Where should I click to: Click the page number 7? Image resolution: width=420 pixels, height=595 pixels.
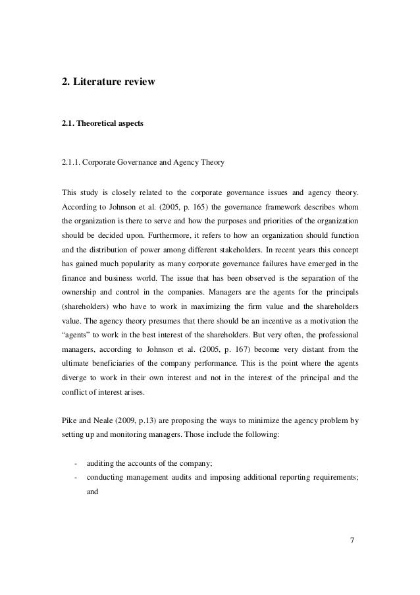(x=352, y=560)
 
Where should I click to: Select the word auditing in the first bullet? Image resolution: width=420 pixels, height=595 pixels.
(x=101, y=462)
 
